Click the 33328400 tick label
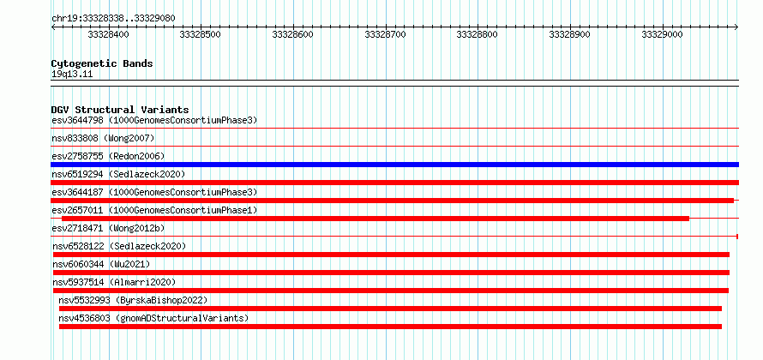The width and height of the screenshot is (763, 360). pos(109,34)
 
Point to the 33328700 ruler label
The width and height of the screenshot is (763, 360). pos(386,34)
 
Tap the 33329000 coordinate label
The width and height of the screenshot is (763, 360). pos(663,34)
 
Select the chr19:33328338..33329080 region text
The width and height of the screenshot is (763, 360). pos(113,19)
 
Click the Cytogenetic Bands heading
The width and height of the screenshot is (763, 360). pos(102,63)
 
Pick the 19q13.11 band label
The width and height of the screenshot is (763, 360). pos(72,75)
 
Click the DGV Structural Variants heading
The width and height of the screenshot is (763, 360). pos(120,110)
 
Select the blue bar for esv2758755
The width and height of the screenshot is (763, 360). pos(394,165)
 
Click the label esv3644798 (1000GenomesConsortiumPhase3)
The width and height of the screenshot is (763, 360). pos(154,120)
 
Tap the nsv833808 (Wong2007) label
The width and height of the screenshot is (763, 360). pos(103,139)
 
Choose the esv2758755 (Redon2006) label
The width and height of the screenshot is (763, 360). pos(109,157)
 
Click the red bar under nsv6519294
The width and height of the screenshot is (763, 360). pos(394,183)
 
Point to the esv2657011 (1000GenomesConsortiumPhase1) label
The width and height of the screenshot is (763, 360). pos(154,210)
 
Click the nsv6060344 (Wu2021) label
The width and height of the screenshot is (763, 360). pos(101,264)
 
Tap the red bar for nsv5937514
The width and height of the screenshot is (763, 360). pos(391,291)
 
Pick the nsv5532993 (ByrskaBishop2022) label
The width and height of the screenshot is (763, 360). pos(133,300)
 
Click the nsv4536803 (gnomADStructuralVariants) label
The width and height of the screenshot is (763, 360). pos(153,318)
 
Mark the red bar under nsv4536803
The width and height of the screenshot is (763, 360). pos(390,327)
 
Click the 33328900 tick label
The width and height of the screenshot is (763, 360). pos(570,34)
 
